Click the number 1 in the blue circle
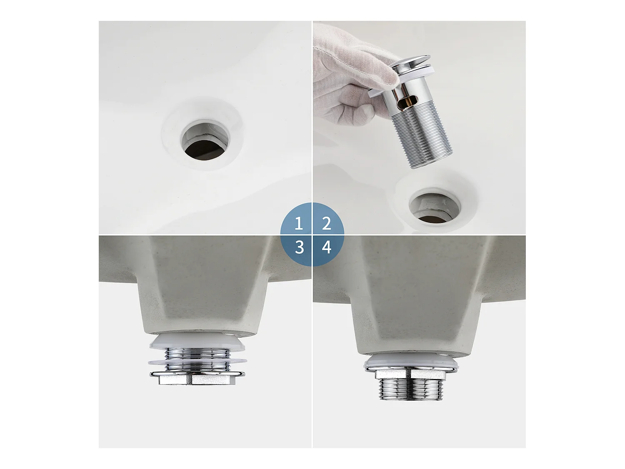coord(298,223)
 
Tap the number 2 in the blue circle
coord(327,223)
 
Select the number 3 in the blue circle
coord(299,247)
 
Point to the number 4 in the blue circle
coord(327,247)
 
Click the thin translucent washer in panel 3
coord(197,361)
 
